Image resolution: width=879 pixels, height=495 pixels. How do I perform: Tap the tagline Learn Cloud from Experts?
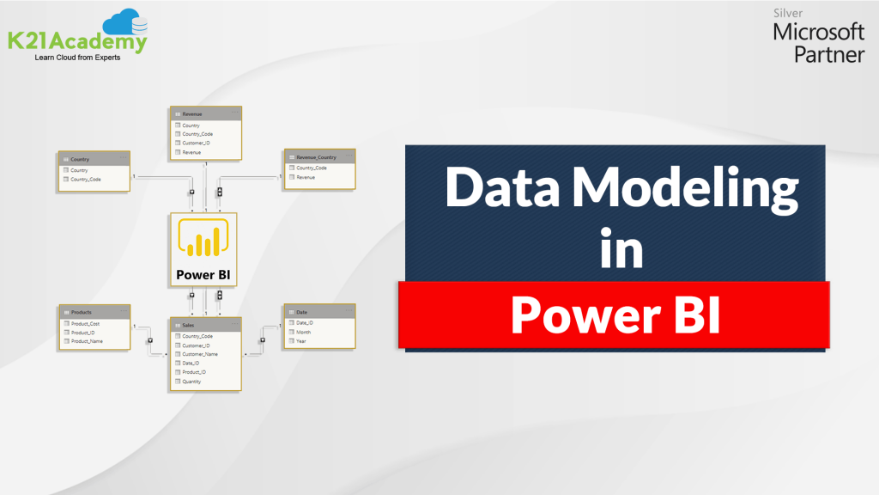[77, 58]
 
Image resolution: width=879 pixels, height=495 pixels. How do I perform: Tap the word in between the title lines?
[621, 250]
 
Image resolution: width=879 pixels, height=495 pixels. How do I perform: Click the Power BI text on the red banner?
[615, 315]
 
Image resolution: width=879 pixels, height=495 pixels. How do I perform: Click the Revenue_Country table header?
[318, 158]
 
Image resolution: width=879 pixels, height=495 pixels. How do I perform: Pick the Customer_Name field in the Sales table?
[200, 354]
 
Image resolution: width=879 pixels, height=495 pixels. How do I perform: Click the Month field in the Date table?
[304, 332]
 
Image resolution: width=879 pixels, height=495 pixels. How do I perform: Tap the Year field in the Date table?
[300, 341]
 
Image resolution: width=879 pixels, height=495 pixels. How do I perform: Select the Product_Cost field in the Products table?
[86, 324]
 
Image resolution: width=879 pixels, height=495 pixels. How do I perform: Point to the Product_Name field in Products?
[88, 341]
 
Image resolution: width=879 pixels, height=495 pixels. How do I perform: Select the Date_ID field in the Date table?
[305, 323]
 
